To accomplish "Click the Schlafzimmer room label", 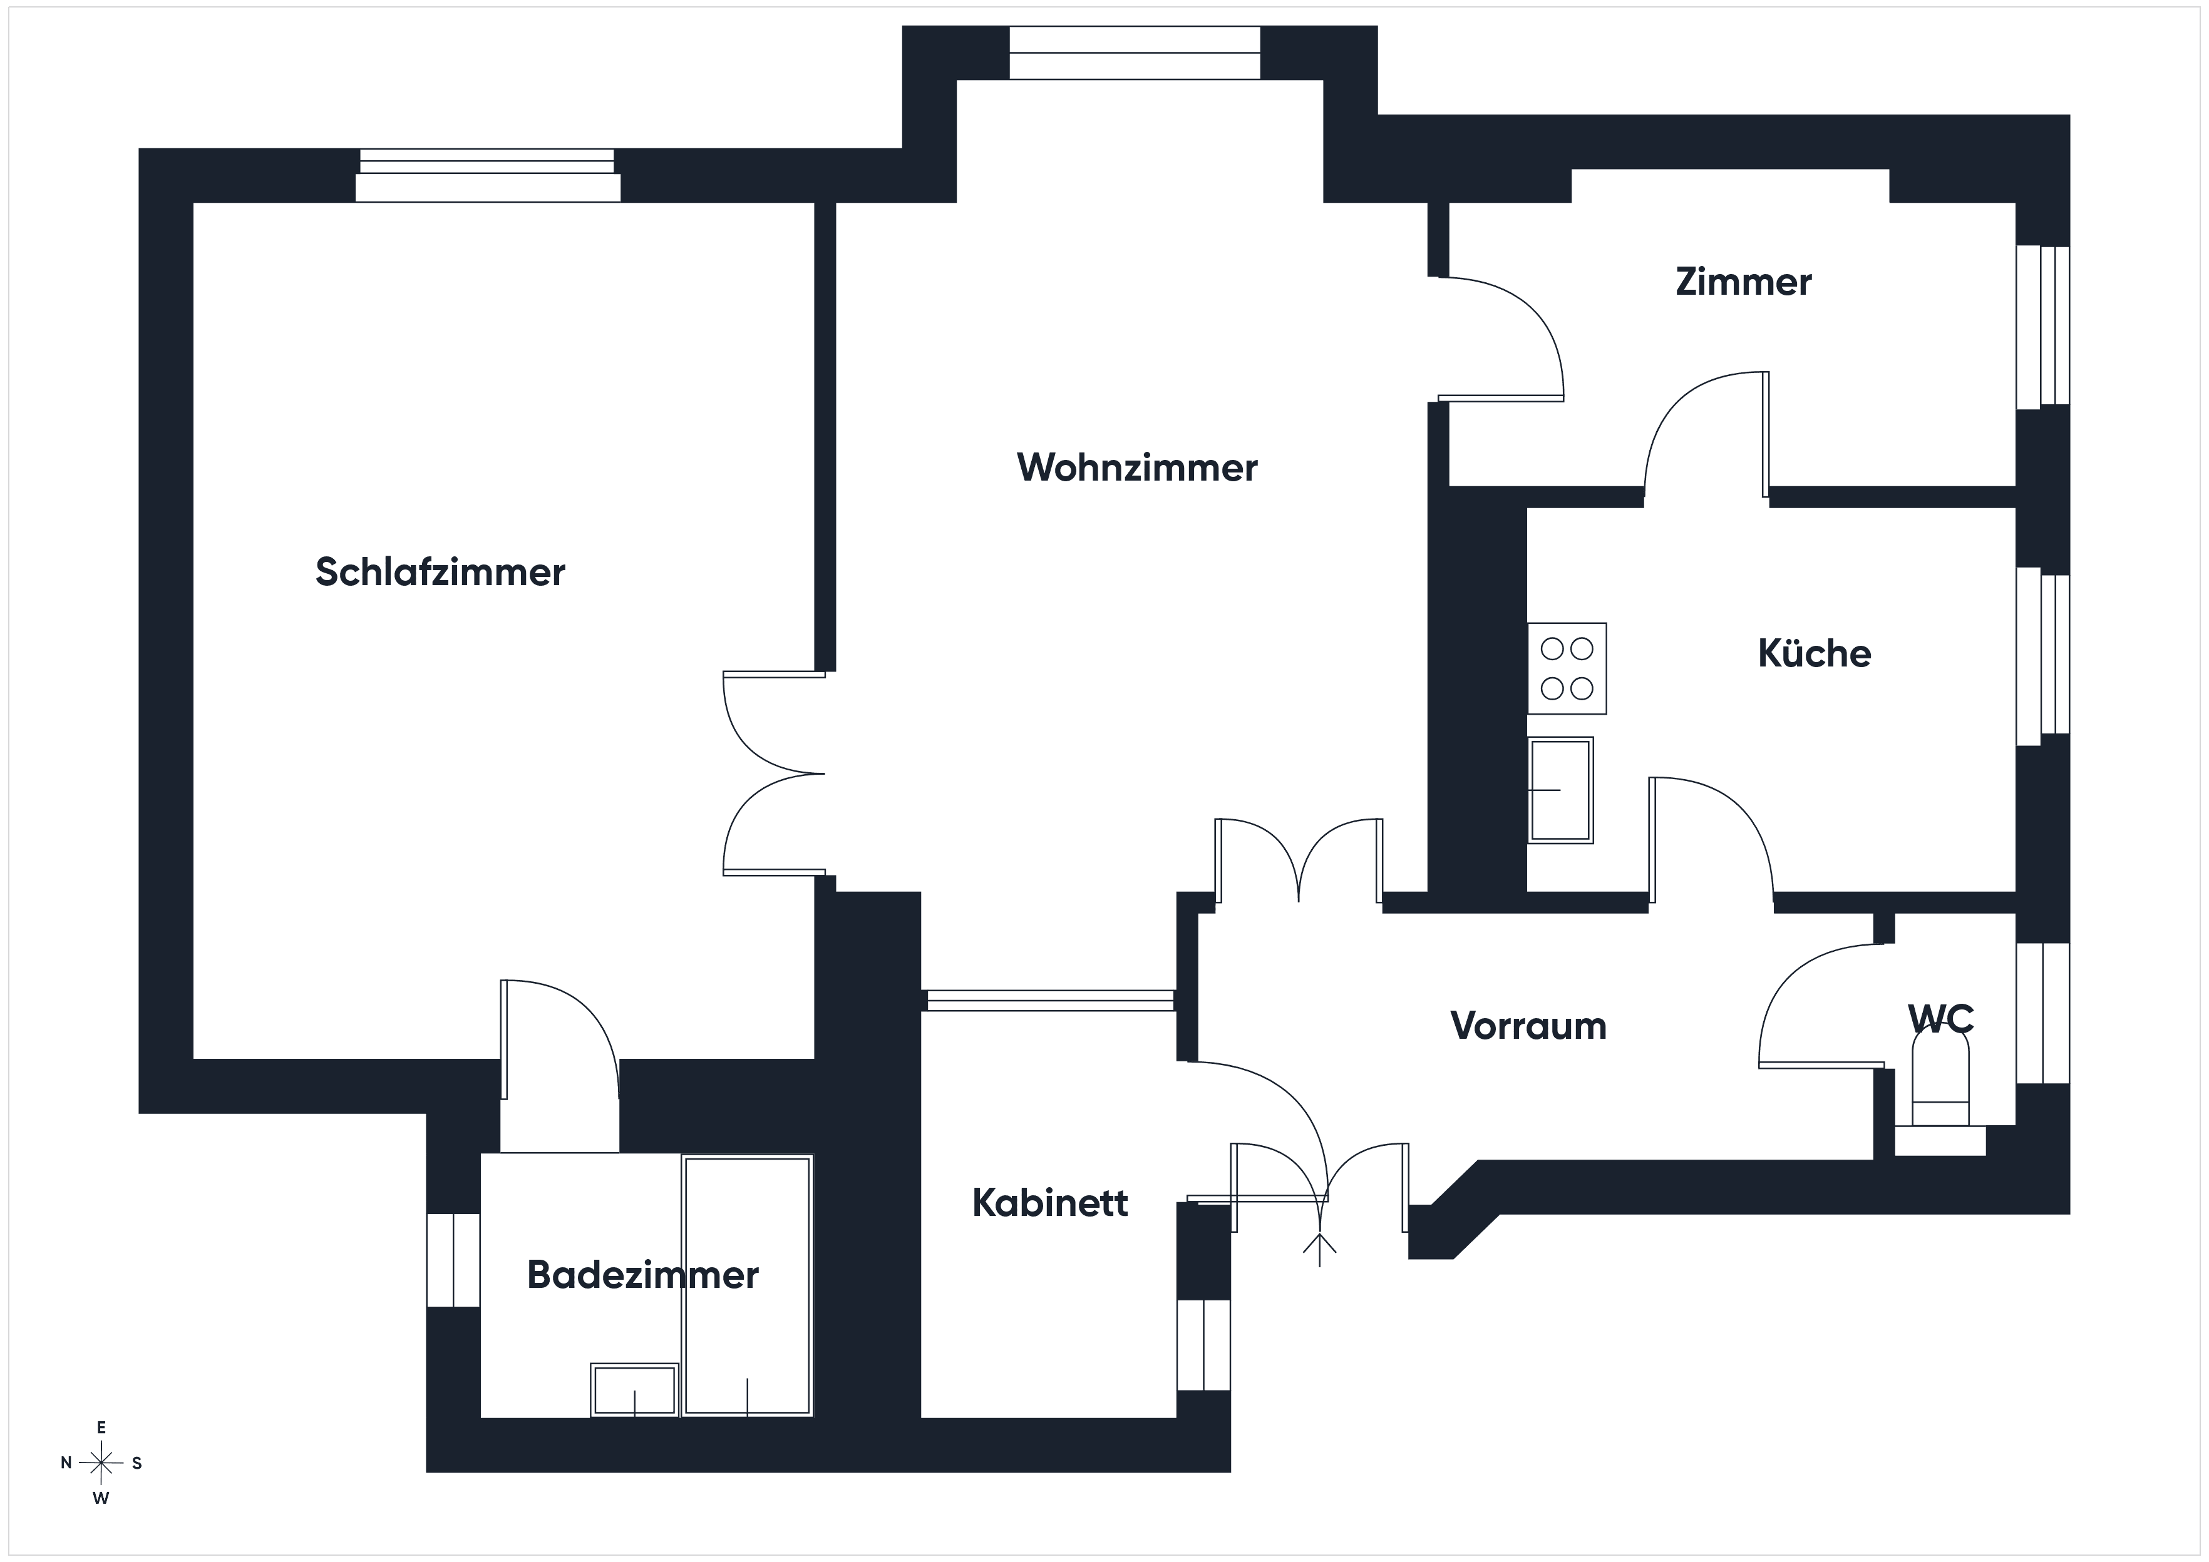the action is tap(441, 572).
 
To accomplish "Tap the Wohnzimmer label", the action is tap(1137, 467).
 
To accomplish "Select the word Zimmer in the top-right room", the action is tap(1743, 282).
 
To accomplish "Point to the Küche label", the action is tap(1815, 653).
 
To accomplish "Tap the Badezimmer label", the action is tap(642, 1275).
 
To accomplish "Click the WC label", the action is tap(1942, 1018).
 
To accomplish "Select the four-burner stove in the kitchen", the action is tap(1567, 668).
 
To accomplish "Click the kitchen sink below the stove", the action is tap(1560, 790).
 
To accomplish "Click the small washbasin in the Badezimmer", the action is tap(635, 1390).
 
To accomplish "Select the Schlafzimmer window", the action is tap(488, 175).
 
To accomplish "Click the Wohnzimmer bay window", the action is tap(1135, 53).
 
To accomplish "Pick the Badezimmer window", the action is tap(453, 1260).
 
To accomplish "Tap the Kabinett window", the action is tap(1203, 1345).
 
